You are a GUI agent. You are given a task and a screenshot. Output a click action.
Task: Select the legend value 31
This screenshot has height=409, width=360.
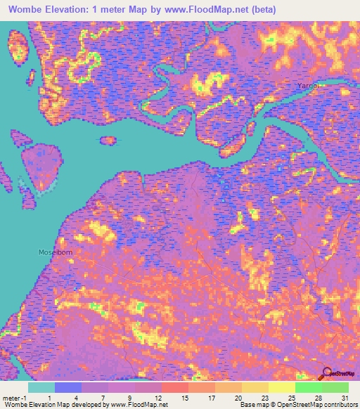point(345,398)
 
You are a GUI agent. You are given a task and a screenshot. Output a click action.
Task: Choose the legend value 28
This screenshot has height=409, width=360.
point(318,398)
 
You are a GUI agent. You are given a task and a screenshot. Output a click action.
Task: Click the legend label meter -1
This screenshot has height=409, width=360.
point(15,398)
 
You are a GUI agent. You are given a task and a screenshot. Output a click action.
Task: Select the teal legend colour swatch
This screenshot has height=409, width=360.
point(41,387)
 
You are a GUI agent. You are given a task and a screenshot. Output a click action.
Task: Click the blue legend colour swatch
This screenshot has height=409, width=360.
point(68,387)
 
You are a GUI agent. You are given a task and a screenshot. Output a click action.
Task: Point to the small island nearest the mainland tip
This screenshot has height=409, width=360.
point(108,141)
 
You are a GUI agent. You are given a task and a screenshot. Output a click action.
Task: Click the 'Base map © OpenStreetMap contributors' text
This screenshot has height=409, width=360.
point(296,405)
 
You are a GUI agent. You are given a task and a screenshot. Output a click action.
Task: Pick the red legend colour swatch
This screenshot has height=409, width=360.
point(175,387)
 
